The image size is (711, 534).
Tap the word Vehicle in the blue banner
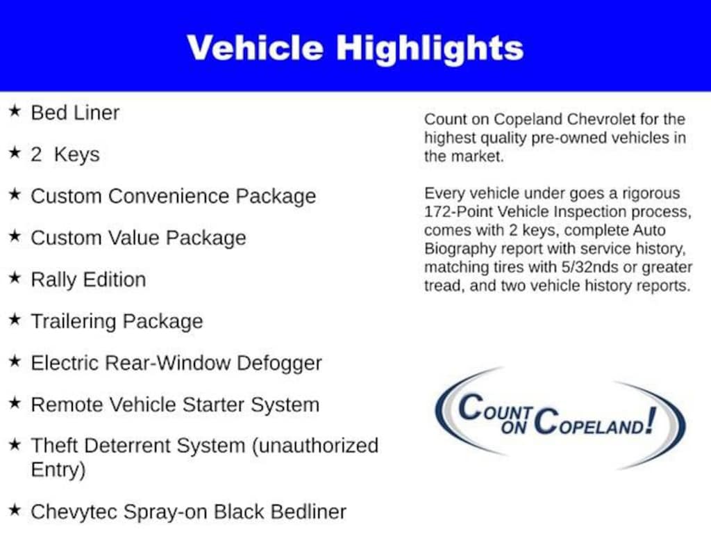click(x=256, y=47)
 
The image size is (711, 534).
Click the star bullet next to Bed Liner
click(x=15, y=111)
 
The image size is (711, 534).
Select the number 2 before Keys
click(x=36, y=154)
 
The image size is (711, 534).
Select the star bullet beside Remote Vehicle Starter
click(x=15, y=403)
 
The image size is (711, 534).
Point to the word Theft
click(x=55, y=446)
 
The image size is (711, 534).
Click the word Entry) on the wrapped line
click(x=58, y=470)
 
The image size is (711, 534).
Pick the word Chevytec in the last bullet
click(x=74, y=512)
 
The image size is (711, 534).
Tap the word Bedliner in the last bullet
click(x=308, y=512)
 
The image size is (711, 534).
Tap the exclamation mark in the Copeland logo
click(x=651, y=421)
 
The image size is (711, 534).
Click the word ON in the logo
click(x=514, y=428)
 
